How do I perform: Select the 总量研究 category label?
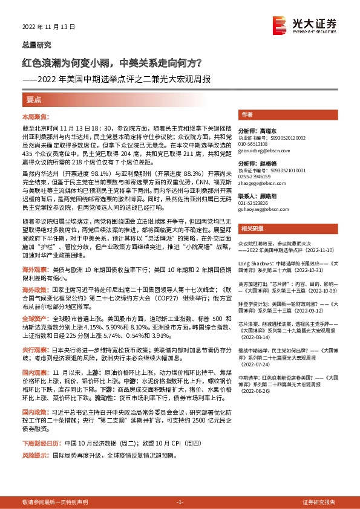pyautogui.click(x=37, y=45)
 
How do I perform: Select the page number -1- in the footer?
pyautogui.click(x=180, y=502)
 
